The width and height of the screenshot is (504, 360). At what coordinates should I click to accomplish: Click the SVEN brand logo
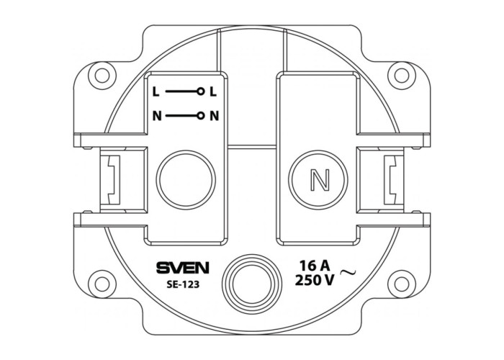pyautogui.click(x=183, y=268)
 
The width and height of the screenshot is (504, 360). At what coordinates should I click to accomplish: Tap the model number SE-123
pyautogui.click(x=183, y=284)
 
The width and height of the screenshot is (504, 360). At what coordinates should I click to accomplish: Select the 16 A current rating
pyautogui.click(x=315, y=266)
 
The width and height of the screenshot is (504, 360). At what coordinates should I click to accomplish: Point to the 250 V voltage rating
pyautogui.click(x=315, y=280)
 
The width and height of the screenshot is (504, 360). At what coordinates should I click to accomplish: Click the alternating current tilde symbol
pyautogui.click(x=348, y=273)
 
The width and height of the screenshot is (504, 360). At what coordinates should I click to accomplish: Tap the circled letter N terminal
pyautogui.click(x=318, y=180)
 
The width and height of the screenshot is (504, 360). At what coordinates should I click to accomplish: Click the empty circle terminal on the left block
pyautogui.click(x=186, y=180)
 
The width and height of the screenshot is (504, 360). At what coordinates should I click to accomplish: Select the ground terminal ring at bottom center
pyautogui.click(x=252, y=284)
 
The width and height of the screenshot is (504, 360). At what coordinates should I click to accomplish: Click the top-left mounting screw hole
pyautogui.click(x=102, y=76)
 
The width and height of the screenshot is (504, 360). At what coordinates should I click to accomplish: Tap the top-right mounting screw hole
pyautogui.click(x=402, y=76)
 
